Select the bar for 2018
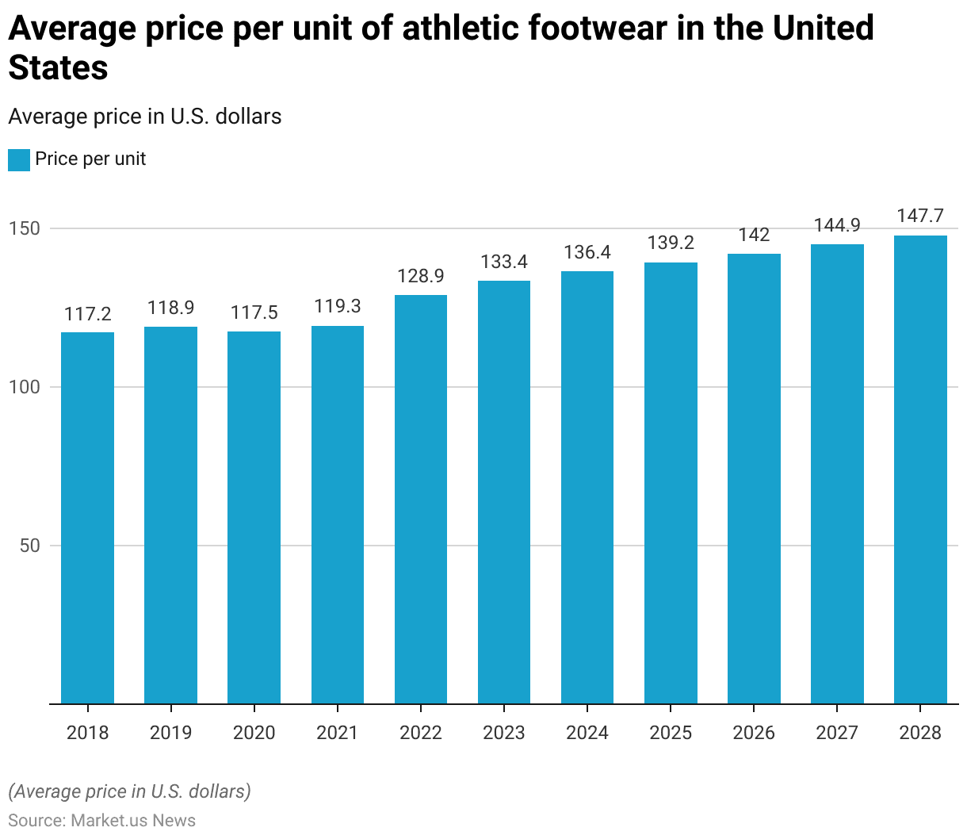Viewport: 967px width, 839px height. point(87,517)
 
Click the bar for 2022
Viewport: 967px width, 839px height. point(421,499)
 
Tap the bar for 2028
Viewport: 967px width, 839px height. point(920,469)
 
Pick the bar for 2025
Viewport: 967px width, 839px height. point(671,483)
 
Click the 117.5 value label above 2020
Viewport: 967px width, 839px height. point(254,312)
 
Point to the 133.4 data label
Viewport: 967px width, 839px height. point(504,262)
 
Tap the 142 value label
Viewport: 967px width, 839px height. point(754,235)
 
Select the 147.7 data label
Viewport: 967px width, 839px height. point(920,216)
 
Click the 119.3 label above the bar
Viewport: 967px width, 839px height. point(338,306)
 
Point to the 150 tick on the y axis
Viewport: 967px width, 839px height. point(24,228)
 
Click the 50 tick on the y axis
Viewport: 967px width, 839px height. point(29,546)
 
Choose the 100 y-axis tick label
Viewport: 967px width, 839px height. point(24,387)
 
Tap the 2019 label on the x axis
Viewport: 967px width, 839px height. point(171,732)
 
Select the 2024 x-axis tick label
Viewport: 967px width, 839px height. point(587,732)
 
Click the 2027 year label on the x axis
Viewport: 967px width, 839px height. point(837,732)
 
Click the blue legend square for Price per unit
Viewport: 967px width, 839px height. point(19,159)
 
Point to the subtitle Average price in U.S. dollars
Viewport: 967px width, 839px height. point(145,117)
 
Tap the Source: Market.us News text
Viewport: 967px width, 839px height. point(102,820)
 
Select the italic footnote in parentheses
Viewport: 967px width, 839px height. point(130,791)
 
